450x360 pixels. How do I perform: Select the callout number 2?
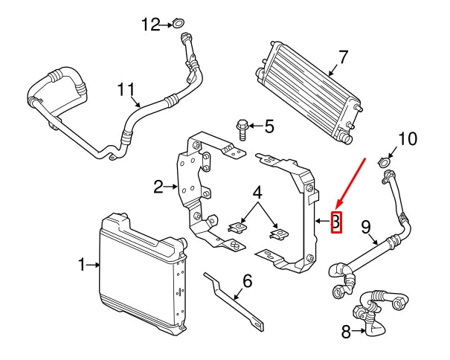point(158,187)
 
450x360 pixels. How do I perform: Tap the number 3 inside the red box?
point(335,222)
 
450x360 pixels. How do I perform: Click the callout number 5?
point(269,126)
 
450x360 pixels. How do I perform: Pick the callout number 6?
point(247,281)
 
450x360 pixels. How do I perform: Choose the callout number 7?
point(343,57)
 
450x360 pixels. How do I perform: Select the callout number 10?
point(408,138)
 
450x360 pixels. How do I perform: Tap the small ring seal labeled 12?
point(178,25)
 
